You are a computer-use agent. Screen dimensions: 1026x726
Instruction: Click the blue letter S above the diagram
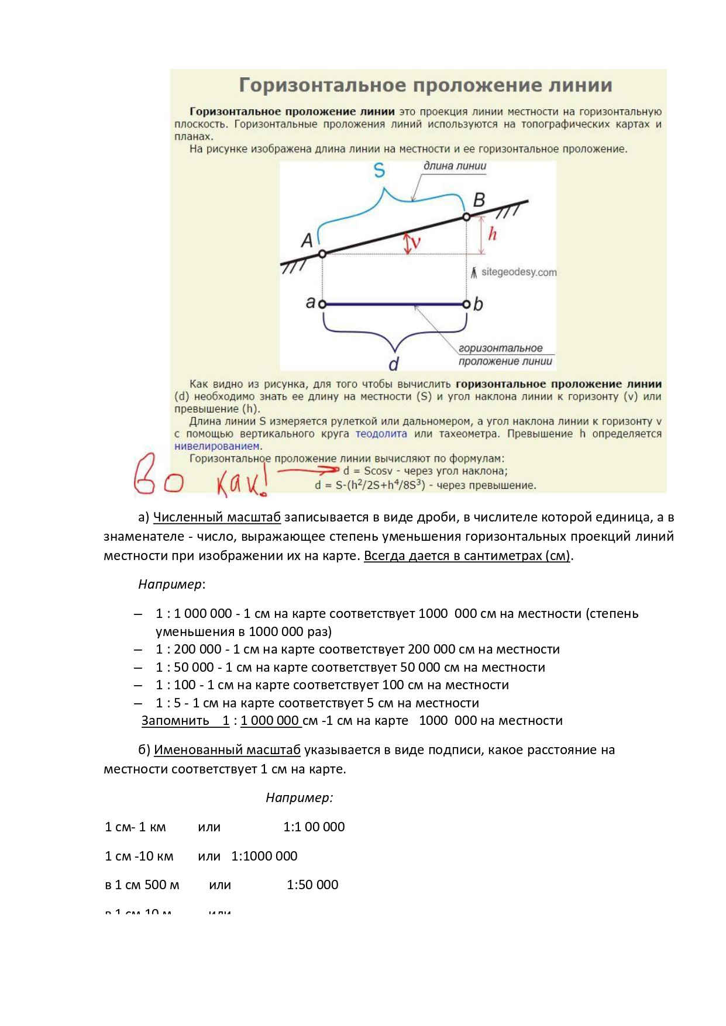pyautogui.click(x=379, y=171)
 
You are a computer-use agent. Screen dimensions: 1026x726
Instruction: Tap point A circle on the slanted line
pyautogui.click(x=322, y=254)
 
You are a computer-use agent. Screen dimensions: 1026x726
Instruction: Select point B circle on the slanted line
pyautogui.click(x=466, y=217)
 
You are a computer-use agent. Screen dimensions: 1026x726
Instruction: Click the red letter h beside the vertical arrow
pyautogui.click(x=493, y=234)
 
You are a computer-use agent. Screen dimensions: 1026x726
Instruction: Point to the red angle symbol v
pyautogui.click(x=416, y=241)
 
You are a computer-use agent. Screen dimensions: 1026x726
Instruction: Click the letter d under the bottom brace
pyautogui.click(x=394, y=364)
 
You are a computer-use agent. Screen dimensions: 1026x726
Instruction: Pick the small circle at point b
pyautogui.click(x=466, y=304)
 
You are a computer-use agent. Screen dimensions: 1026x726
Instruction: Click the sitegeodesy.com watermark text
pyautogui.click(x=518, y=272)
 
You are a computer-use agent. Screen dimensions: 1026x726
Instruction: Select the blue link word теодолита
pyautogui.click(x=381, y=434)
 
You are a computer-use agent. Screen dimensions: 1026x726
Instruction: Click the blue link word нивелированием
pyautogui.click(x=216, y=446)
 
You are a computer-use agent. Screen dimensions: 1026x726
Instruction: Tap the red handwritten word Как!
pyautogui.click(x=242, y=483)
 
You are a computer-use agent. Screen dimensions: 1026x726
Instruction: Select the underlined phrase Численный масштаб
pyautogui.click(x=216, y=517)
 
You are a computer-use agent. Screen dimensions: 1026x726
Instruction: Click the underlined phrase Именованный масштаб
pyautogui.click(x=227, y=749)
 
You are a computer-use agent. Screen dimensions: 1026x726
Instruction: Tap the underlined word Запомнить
pyautogui.click(x=175, y=720)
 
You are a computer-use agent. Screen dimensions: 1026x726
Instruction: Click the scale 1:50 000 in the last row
pyautogui.click(x=312, y=885)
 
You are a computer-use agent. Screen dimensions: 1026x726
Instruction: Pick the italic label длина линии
pyautogui.click(x=455, y=166)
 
